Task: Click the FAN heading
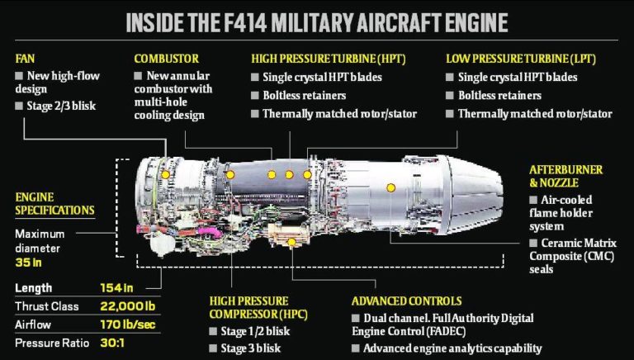(26, 59)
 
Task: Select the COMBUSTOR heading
(165, 59)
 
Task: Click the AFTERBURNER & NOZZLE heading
(565, 176)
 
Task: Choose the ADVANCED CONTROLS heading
(406, 301)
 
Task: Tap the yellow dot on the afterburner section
(390, 187)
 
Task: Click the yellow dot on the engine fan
(166, 175)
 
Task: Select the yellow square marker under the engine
(291, 242)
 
